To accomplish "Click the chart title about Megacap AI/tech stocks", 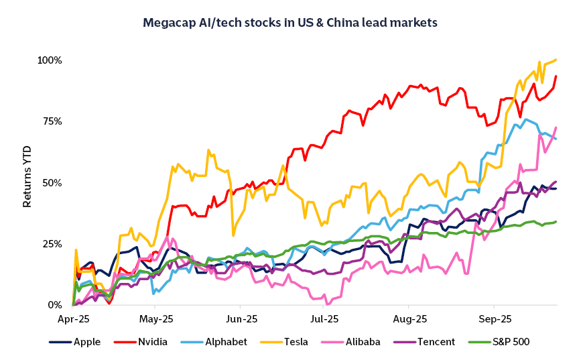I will click(x=290, y=23).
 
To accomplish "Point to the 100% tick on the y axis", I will click(x=49, y=60).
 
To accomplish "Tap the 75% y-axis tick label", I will click(x=51, y=121).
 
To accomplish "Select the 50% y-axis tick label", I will click(x=51, y=183).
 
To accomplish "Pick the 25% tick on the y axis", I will click(x=51, y=244).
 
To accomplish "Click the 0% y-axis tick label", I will click(x=54, y=305).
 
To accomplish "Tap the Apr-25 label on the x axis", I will click(x=73, y=319).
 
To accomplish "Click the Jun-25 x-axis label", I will click(x=240, y=319).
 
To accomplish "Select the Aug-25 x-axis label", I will click(x=409, y=319).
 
